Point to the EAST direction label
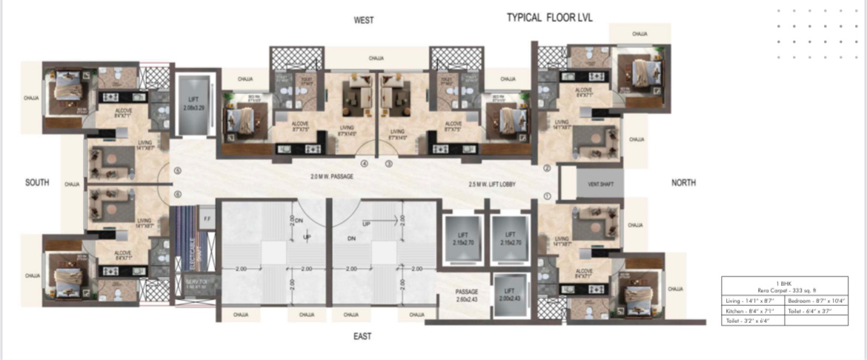(362, 336)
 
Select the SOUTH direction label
(37, 183)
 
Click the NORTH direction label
(683, 183)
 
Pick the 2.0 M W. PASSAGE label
(333, 177)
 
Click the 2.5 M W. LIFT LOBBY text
(493, 184)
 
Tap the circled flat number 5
(177, 171)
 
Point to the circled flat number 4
(364, 164)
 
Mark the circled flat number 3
(388, 164)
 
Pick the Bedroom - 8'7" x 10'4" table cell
(819, 300)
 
